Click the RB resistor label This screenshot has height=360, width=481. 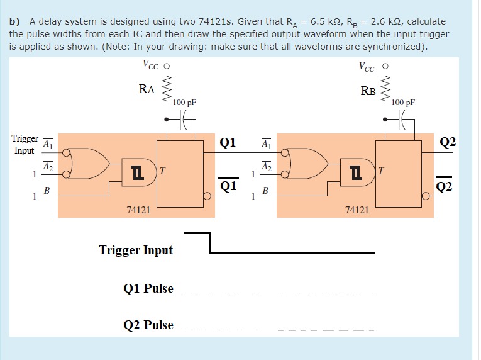point(368,91)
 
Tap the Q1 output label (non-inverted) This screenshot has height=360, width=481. point(228,143)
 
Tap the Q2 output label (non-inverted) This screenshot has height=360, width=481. point(447,143)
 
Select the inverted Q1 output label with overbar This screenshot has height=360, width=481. point(228,186)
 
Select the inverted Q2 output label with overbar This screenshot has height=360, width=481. point(445,186)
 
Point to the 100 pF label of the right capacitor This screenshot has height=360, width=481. point(403,102)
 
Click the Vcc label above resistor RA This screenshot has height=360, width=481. point(150,64)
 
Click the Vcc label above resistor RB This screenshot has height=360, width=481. point(368,66)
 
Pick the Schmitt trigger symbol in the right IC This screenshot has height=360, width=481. point(355,171)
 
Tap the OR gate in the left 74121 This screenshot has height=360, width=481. point(89,164)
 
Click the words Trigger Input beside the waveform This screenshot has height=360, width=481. point(136,250)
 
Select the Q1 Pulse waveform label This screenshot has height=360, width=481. point(148,289)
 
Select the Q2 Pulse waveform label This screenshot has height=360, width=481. point(148,325)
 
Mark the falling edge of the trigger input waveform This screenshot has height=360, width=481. point(209,243)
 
